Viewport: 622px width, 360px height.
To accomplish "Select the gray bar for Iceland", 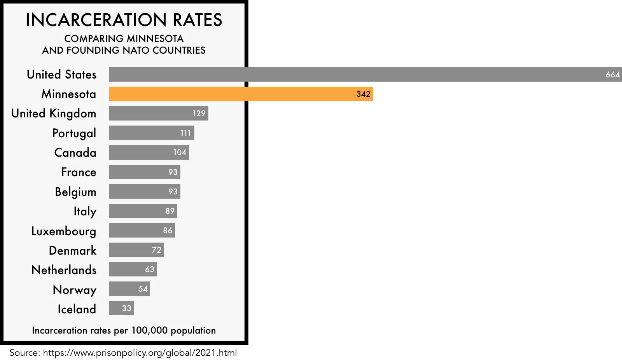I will [121, 308].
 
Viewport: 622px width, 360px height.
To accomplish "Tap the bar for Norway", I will [129, 289].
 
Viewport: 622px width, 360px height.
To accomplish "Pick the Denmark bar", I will [136, 250].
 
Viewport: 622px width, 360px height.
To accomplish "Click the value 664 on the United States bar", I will [613, 75].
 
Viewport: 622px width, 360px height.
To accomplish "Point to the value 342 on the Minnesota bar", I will [363, 94].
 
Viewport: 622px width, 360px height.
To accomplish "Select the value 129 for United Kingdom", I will [199, 114].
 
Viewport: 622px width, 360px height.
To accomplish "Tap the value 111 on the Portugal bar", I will [186, 133].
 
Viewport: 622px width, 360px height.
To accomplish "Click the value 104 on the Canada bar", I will [180, 152].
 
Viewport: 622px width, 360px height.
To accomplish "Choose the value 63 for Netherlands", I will [150, 269].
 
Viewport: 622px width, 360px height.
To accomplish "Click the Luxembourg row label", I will [64, 231].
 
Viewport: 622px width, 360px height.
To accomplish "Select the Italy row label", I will [85, 211].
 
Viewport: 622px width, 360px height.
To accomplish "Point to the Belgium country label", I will [75, 192].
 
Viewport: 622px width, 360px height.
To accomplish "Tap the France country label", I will [79, 172].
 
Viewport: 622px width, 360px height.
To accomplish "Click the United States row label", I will [61, 75].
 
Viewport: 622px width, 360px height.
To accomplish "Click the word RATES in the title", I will [197, 20].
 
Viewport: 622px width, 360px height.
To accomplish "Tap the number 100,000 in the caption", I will [149, 330].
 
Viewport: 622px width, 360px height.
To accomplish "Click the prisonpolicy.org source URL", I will [140, 353].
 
